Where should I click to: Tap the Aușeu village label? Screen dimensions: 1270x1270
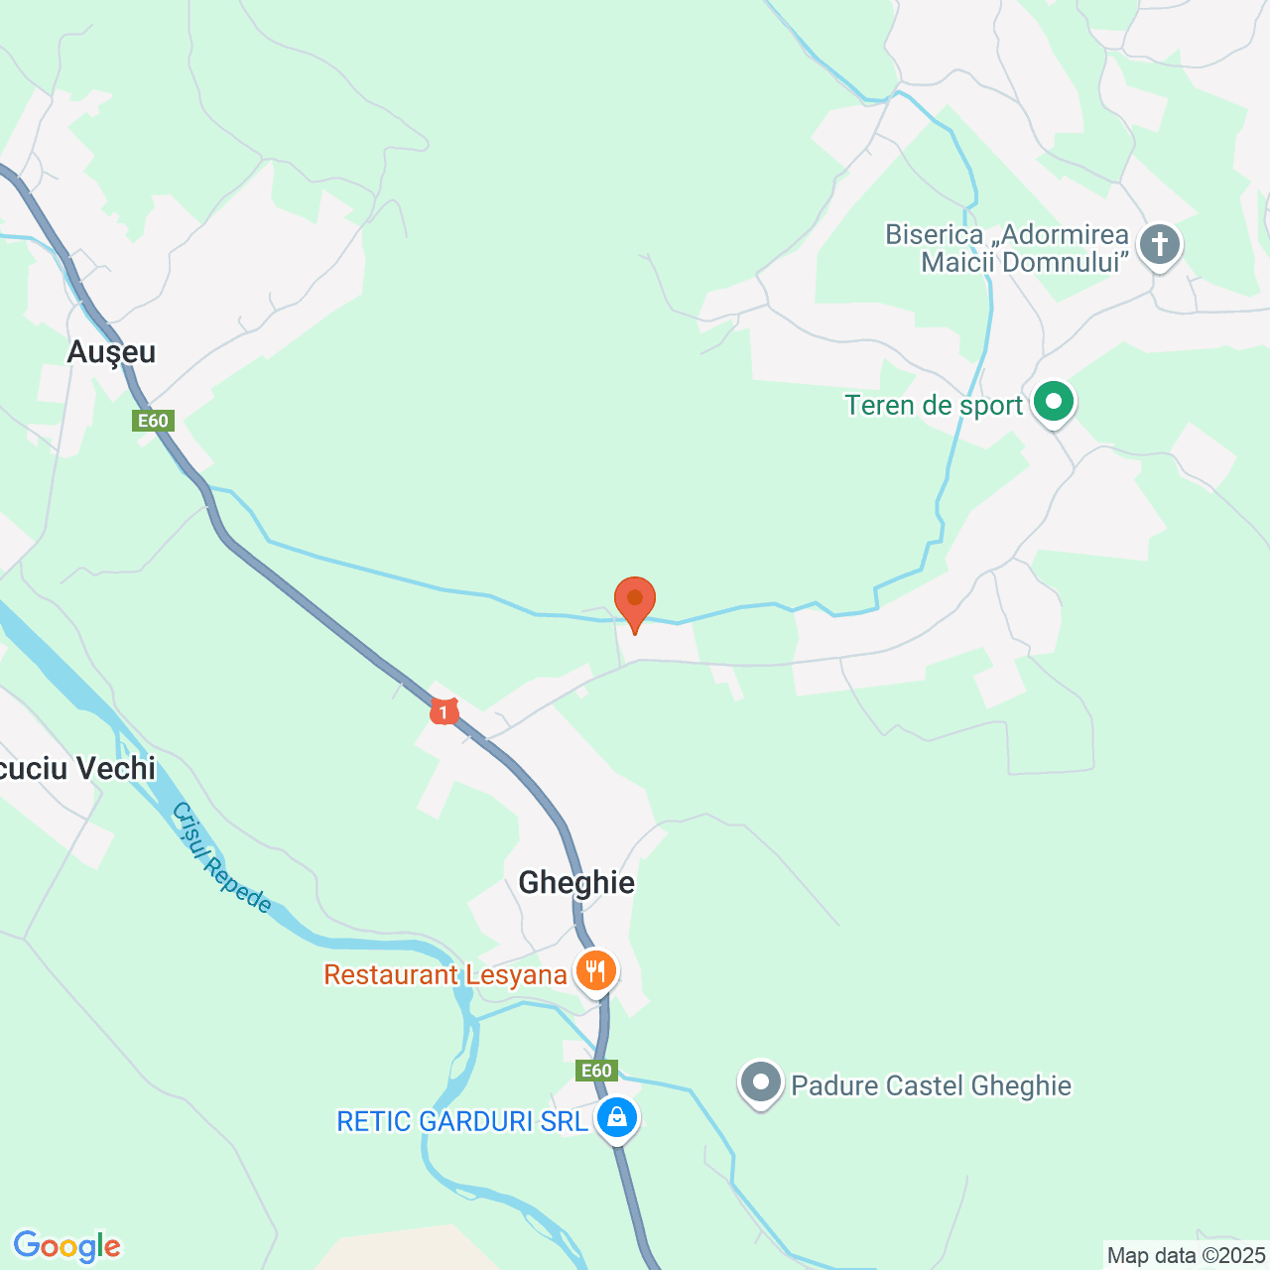coord(112,352)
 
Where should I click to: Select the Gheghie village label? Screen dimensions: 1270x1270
coord(576,882)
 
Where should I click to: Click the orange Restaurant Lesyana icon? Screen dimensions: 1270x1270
coord(595,970)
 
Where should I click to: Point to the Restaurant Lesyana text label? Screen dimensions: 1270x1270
coord(445,974)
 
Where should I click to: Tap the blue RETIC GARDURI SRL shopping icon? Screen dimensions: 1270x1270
coord(617,1118)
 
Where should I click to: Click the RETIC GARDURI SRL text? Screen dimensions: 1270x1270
coord(462,1121)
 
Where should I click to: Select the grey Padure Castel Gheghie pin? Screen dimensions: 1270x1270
coord(761,1082)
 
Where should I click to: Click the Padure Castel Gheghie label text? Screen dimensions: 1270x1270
coord(931,1085)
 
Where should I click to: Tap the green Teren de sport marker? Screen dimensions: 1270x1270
coord(1054,403)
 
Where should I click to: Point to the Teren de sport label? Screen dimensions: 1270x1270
coord(934,406)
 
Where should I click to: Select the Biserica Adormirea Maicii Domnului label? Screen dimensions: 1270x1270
coord(1007,248)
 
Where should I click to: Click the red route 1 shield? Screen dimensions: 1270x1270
coord(444,710)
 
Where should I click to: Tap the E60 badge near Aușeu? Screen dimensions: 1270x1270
coord(153,421)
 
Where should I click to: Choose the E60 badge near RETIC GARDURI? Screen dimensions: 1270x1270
coord(596,1071)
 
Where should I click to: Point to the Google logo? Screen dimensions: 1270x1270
coord(66,1246)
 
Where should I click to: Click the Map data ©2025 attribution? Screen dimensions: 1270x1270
coord(1186,1256)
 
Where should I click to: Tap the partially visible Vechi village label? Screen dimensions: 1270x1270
coord(77,769)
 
